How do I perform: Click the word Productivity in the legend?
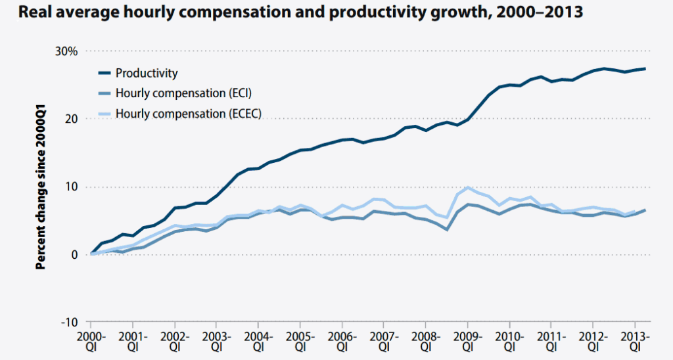click(x=147, y=73)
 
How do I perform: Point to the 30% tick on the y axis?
click(x=66, y=51)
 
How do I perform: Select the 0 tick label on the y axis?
click(x=74, y=255)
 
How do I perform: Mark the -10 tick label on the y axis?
click(x=69, y=323)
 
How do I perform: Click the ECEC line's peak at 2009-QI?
click(x=467, y=188)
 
